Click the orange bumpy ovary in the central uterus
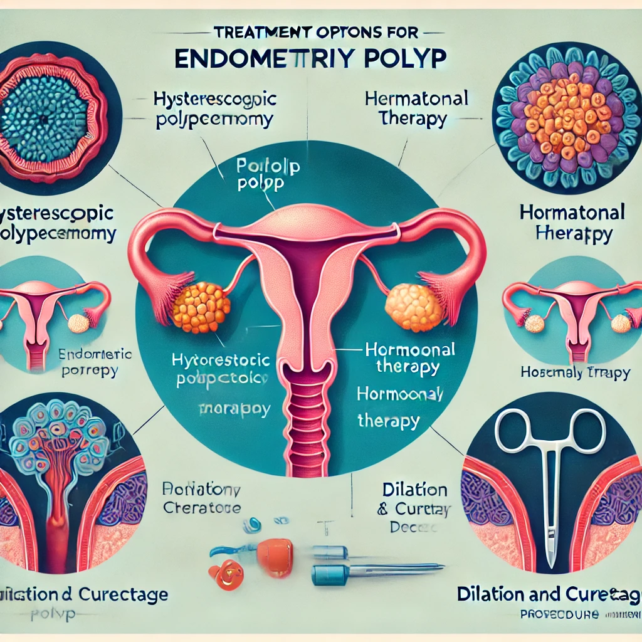point(201,307)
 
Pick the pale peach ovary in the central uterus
point(414,307)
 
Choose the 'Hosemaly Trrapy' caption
point(575,372)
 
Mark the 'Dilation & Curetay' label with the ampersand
point(406,508)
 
